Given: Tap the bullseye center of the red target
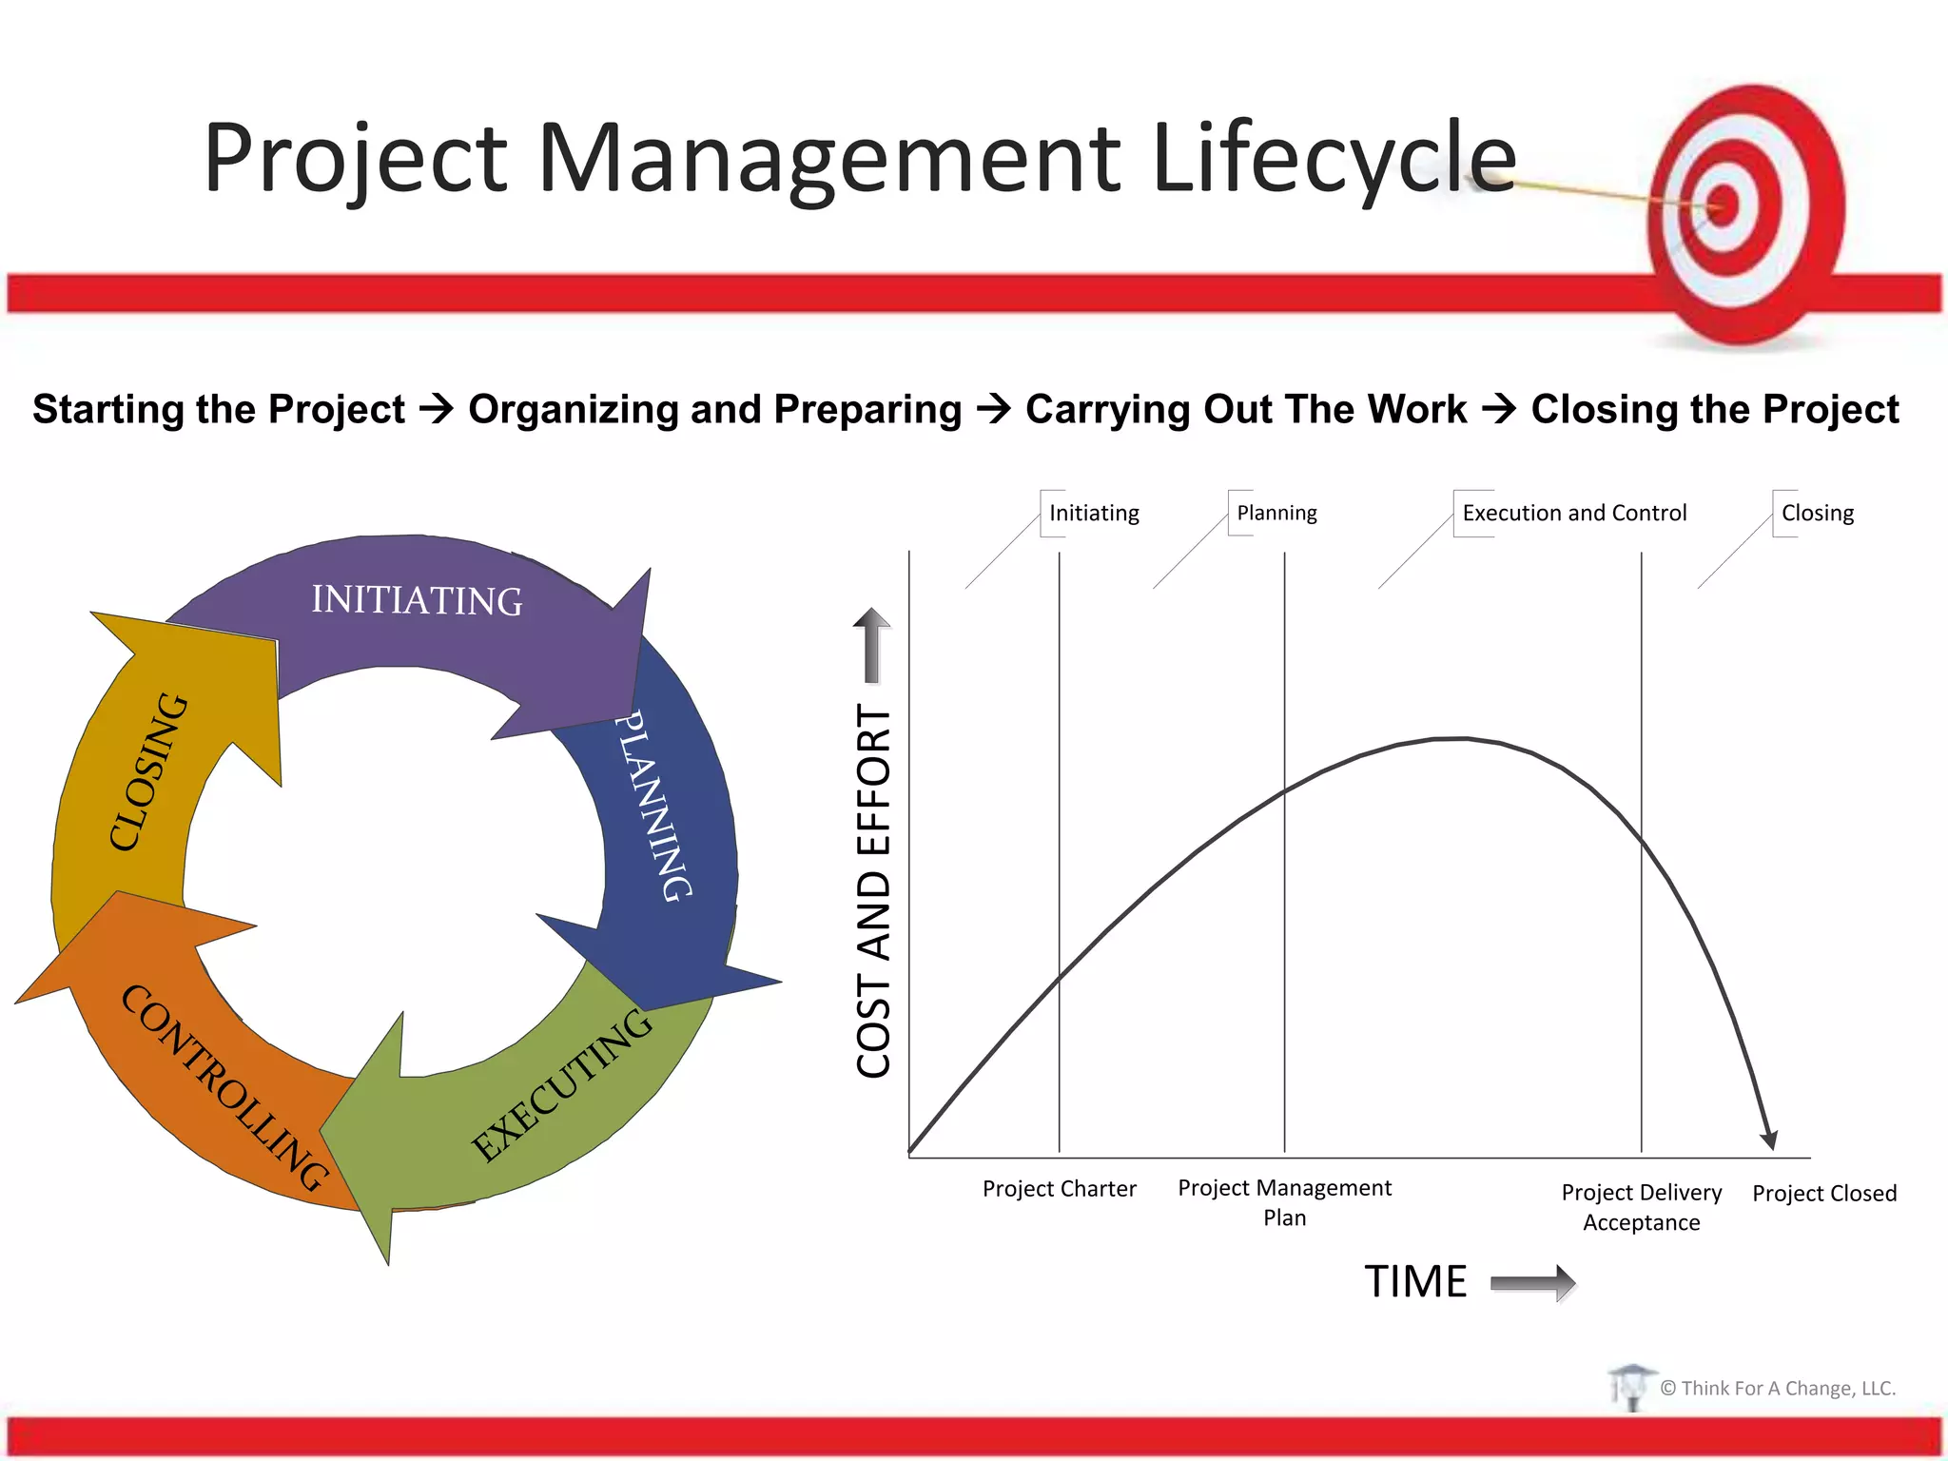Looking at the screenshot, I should coord(1723,205).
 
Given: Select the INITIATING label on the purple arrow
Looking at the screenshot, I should coord(417,601).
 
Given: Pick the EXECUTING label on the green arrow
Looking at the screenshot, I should coord(563,1085).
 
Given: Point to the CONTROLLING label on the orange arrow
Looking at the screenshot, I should coord(224,1087).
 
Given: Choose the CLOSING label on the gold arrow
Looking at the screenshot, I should coord(148,770).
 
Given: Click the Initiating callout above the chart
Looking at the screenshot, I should coord(1093,514).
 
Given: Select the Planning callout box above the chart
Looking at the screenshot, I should coord(1276,514).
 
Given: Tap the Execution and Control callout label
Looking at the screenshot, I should coord(1573,514).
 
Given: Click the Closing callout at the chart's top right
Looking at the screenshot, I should coord(1817,514).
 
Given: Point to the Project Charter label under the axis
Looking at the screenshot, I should coord(1059,1189).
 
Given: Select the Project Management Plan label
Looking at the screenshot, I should coord(1284,1202).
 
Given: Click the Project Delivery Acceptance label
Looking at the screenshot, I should coord(1641,1207).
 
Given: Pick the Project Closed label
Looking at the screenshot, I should coord(1823,1194).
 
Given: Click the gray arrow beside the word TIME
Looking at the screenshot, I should coord(1532,1283).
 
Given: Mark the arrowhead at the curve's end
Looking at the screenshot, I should coord(1769,1140).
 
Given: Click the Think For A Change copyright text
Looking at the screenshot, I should coord(1777,1389).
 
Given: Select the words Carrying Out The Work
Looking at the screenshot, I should coord(1245,410).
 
